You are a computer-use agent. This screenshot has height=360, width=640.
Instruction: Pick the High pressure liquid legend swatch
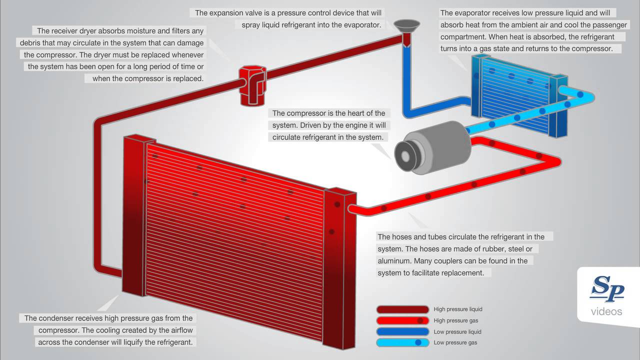[x=403, y=309]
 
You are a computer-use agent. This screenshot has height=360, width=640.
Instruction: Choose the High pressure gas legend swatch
[x=403, y=320]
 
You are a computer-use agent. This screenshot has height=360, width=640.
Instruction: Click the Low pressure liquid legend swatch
[x=403, y=331]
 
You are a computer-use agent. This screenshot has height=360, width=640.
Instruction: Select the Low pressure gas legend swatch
[x=403, y=342]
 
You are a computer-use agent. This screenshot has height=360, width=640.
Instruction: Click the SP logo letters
[x=607, y=290]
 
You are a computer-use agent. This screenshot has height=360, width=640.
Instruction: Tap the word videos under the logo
[x=606, y=312]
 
